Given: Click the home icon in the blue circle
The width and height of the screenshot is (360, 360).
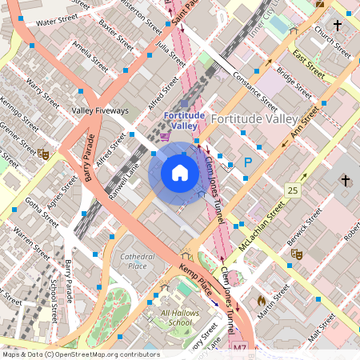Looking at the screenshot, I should click(180, 173).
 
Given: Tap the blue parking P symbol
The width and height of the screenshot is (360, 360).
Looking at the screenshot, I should click(248, 162).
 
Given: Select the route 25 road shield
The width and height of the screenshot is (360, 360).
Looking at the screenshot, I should click(294, 190).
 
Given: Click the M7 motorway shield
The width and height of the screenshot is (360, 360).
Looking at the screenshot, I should click(240, 350).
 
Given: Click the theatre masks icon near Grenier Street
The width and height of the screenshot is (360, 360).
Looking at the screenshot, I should click(44, 154).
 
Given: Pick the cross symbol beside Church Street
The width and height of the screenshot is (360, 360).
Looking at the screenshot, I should click(338, 26).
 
